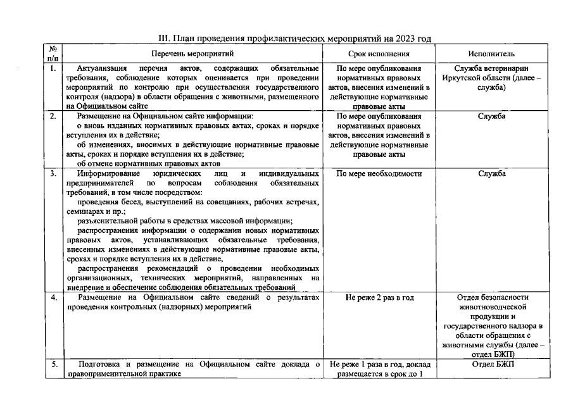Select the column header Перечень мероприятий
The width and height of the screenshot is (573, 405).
coord(192,54)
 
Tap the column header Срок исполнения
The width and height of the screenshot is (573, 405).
coord(379,54)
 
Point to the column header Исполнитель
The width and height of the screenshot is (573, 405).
coord(491,54)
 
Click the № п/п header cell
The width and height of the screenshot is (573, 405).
coord(53,54)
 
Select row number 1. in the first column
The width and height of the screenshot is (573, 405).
coord(53,68)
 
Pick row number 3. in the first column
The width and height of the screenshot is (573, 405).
coord(53,173)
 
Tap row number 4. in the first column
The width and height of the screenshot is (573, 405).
coord(53,298)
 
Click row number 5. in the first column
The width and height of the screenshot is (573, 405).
coord(53,364)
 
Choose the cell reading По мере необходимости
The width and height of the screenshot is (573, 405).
coord(379,173)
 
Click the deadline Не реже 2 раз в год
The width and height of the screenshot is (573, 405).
coord(379,298)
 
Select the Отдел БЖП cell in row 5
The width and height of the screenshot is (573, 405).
coord(491,364)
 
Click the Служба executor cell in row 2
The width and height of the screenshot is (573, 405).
coord(491,117)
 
